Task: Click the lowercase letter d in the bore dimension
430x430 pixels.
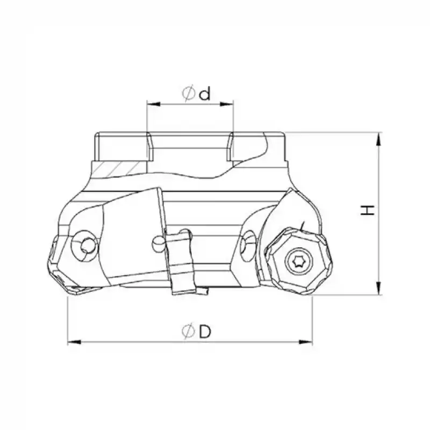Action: pyautogui.click(x=204, y=95)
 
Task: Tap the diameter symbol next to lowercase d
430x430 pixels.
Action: pyautogui.click(x=188, y=95)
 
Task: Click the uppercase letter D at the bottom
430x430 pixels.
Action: pyautogui.click(x=204, y=332)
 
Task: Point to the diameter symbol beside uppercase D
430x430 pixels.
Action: pyautogui.click(x=188, y=333)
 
